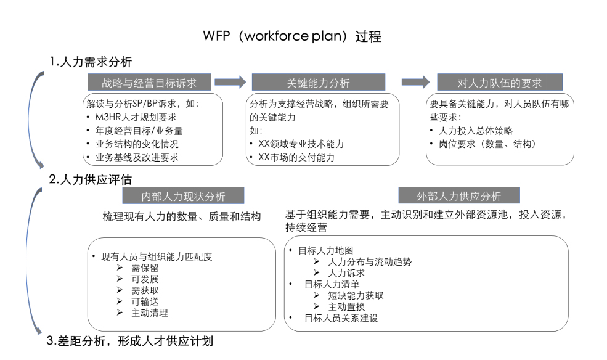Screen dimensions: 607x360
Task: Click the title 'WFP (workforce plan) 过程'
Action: [x=292, y=36]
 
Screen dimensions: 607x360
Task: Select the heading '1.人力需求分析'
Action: [x=91, y=62]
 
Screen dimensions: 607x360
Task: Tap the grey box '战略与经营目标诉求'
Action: [x=149, y=83]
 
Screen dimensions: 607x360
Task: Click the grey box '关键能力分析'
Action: [x=318, y=83]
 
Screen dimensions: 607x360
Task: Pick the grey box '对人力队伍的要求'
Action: [x=499, y=83]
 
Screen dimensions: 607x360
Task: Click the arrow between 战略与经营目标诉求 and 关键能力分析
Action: [x=230, y=82]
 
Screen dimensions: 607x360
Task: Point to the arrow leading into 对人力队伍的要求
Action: [x=415, y=82]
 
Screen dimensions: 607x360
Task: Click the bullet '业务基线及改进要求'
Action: [x=137, y=157]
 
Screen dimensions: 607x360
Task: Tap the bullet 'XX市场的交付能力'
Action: [x=296, y=157]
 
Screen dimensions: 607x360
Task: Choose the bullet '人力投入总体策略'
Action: [x=476, y=131]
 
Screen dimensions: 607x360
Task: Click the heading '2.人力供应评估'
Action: [x=91, y=179]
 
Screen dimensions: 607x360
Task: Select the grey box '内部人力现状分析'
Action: [x=183, y=196]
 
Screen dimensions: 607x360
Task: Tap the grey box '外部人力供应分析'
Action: [x=459, y=196]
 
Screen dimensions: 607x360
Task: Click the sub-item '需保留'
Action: [x=145, y=268]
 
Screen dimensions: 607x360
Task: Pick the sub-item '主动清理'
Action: [x=150, y=313]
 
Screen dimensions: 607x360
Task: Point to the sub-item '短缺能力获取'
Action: [x=356, y=295]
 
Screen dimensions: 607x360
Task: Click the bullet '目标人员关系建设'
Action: [x=341, y=318]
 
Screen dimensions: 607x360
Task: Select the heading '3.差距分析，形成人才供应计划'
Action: [x=130, y=341]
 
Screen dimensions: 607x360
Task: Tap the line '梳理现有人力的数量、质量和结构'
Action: [x=182, y=216]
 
